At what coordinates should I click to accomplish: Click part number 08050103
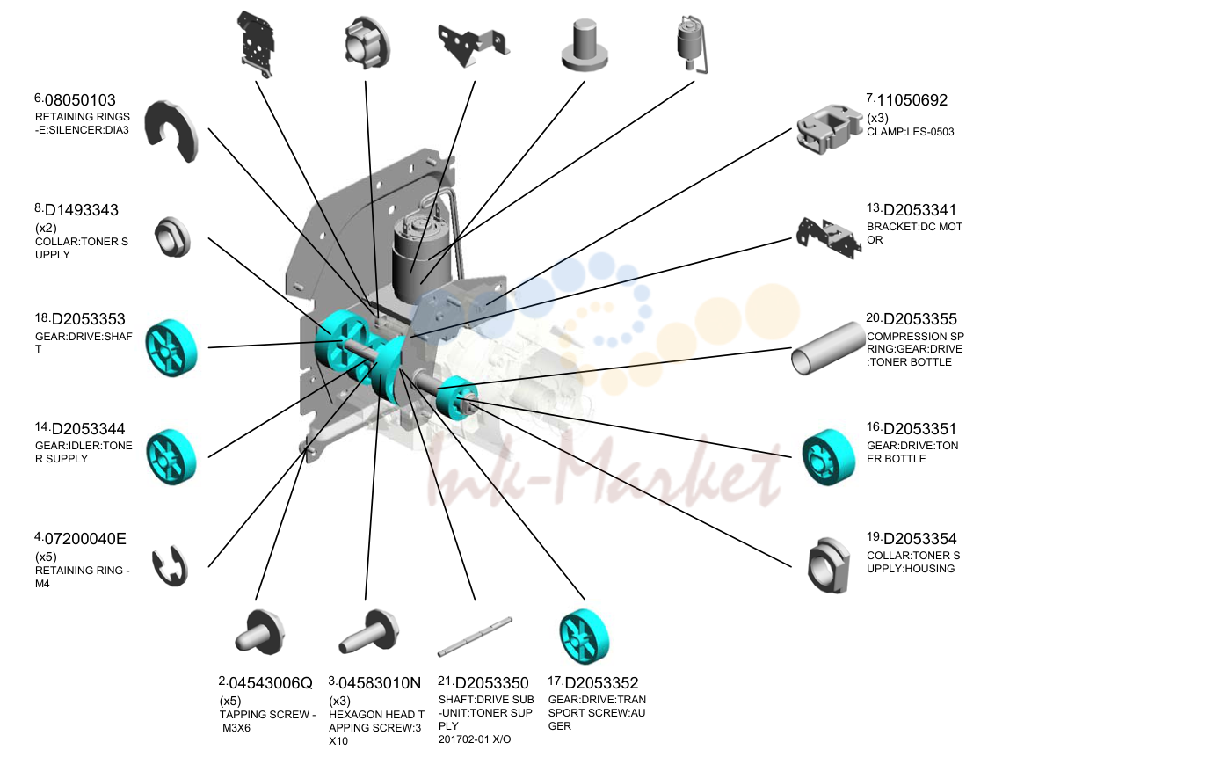(80, 100)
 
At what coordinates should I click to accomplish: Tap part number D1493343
(81, 210)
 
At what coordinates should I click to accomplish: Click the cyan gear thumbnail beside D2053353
(171, 347)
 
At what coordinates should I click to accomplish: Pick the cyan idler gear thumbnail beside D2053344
(171, 457)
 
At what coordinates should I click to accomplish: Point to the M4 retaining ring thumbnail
(170, 566)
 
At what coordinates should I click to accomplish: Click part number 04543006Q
(271, 683)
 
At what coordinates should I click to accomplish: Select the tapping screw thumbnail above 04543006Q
(260, 631)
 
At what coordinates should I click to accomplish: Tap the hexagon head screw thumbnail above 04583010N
(369, 631)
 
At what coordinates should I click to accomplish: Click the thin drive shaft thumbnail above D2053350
(475, 637)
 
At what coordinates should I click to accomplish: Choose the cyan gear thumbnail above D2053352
(585, 637)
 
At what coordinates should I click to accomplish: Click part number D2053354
(919, 539)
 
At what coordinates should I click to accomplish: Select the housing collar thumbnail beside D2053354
(827, 566)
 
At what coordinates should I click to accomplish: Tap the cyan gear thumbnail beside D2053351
(829, 457)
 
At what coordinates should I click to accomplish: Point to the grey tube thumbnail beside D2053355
(827, 348)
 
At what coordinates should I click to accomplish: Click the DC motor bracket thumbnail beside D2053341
(829, 238)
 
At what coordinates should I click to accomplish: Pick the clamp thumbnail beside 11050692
(829, 129)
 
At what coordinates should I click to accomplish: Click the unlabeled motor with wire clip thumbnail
(692, 45)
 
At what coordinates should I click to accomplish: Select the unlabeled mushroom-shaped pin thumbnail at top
(585, 45)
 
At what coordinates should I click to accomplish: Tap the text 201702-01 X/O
(475, 739)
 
